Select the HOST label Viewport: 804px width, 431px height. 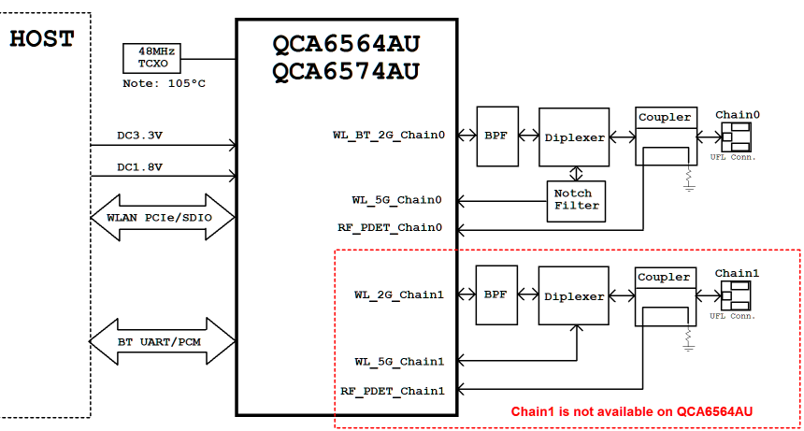point(41,39)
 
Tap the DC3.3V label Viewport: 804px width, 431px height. point(139,136)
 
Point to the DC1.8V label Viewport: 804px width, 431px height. point(139,167)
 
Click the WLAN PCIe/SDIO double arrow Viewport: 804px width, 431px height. point(162,218)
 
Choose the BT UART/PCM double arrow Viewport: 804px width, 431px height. point(162,341)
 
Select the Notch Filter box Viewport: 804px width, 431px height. point(577,200)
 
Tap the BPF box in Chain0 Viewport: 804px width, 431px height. point(495,136)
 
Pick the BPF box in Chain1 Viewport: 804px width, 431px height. point(495,295)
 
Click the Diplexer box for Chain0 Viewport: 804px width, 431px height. point(574,136)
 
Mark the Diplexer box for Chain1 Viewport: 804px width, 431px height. point(574,295)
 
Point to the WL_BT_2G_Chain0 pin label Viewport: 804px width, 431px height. point(388,136)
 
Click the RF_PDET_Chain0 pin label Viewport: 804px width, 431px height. point(390,227)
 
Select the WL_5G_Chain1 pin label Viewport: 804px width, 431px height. point(398,361)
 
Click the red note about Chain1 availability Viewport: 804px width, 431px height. point(632,411)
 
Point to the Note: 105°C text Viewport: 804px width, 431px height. point(165,84)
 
